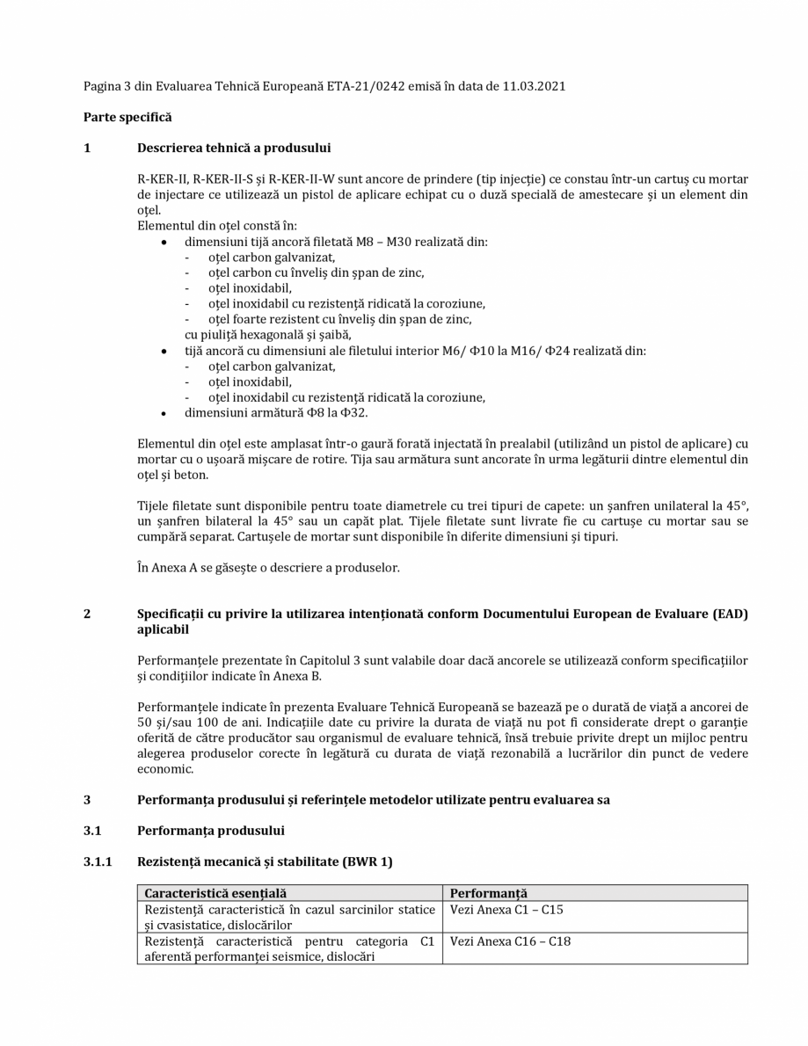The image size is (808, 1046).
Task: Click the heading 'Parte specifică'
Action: point(127,117)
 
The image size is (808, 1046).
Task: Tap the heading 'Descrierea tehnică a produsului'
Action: point(234,148)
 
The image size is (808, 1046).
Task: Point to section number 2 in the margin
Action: point(87,614)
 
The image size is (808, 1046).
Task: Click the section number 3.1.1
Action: point(98,862)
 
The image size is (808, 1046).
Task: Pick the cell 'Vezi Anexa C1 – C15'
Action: point(506,910)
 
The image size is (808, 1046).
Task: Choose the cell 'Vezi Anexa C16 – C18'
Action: point(510,941)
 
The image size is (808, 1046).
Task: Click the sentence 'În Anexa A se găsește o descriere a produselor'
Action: point(269,568)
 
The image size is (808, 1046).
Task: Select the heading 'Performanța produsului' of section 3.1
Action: point(210,831)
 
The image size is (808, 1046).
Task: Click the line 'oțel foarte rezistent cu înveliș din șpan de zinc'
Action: point(346,319)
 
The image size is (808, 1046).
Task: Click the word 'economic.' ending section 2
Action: point(166,769)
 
